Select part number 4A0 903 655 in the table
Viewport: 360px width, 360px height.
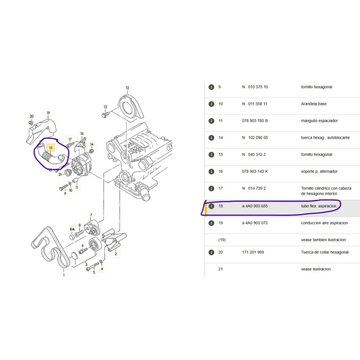(256, 206)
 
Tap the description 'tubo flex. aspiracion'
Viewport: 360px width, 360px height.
(318, 206)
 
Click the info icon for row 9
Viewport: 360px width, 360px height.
(211, 87)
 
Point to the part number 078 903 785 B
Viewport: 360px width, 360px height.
(255, 121)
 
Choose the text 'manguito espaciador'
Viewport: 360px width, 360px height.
(319, 121)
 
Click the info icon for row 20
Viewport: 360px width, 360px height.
(211, 252)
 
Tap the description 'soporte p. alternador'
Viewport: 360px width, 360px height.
(319, 171)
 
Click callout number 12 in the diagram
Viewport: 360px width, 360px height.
(127, 88)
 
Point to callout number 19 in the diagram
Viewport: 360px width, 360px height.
(48, 113)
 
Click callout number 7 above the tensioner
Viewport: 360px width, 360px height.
(91, 215)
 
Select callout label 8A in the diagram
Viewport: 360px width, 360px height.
(72, 229)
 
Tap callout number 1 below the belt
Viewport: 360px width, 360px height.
(63, 274)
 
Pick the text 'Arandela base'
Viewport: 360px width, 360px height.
(314, 104)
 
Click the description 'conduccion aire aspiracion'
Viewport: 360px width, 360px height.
(324, 223)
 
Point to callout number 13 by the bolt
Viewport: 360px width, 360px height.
(105, 107)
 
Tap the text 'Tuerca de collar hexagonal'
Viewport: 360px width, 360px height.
(324, 252)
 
